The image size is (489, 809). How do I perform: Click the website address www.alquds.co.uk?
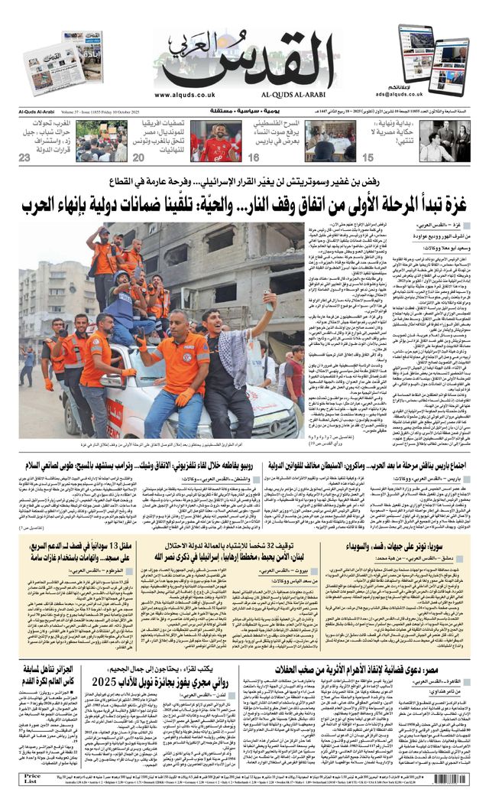(x=183, y=95)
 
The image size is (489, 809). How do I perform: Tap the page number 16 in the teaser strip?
(x=254, y=158)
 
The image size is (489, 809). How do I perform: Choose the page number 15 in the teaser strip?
(x=368, y=158)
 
